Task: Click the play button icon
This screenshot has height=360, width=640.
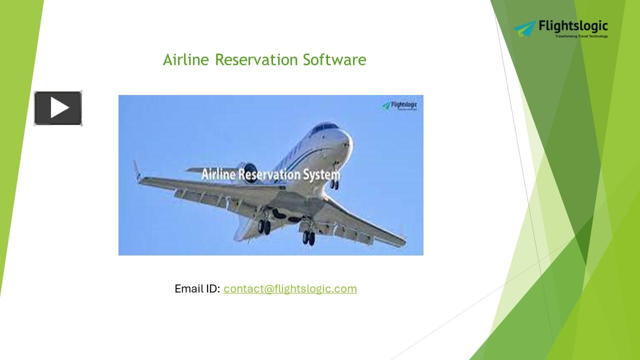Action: [58, 108]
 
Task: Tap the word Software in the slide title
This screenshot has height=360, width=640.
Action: [334, 59]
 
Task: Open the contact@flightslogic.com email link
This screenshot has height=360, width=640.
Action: [290, 288]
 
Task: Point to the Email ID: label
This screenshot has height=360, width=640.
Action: [197, 288]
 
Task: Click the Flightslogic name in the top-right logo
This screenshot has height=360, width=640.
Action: [573, 26]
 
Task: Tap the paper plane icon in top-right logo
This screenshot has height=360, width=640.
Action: [524, 28]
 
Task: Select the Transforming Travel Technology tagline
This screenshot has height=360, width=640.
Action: [581, 36]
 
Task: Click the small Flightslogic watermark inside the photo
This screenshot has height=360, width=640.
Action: [399, 105]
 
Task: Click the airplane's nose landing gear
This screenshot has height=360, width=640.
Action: [334, 184]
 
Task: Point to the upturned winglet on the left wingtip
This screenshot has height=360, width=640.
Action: [136, 170]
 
